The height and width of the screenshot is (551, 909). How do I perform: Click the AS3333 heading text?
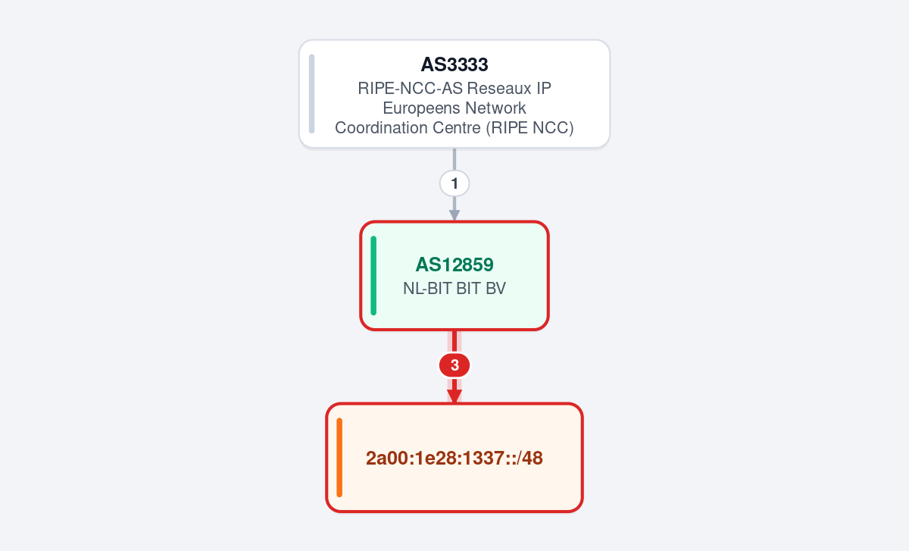pos(454,64)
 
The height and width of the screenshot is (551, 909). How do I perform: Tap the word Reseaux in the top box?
pos(495,88)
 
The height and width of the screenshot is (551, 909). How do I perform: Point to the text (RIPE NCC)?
pos(529,127)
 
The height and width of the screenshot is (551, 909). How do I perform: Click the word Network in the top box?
pos(495,108)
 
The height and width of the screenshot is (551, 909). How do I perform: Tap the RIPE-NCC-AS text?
pos(410,88)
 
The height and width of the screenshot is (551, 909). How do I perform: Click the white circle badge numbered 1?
pos(454,183)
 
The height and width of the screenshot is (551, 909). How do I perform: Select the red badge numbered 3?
pos(454,365)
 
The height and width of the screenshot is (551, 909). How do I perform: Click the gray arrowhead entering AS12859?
pos(454,215)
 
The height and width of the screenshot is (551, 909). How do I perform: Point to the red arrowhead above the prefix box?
pos(454,396)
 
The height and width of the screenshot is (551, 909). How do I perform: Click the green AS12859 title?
pos(454,265)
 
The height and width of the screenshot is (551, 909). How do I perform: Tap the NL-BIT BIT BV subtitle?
pos(454,288)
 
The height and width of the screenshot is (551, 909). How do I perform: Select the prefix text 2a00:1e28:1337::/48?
pos(454,458)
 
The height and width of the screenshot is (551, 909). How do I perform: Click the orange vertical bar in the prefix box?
pos(339,458)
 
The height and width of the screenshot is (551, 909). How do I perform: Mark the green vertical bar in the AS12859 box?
pos(373,276)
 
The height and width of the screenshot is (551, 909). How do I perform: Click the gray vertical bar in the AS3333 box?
pos(311,94)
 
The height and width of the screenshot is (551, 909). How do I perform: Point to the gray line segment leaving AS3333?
pos(454,160)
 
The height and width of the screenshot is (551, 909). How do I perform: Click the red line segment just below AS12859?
pos(454,342)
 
